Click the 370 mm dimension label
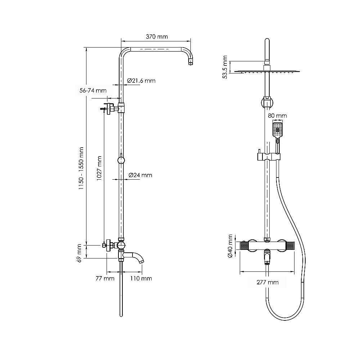(157, 36)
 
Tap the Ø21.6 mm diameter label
(141, 81)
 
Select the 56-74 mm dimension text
(93, 90)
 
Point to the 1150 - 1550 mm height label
(81, 168)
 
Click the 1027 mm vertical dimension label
(99, 168)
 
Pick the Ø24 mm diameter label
(140, 175)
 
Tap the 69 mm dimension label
(79, 253)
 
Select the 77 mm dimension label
(105, 279)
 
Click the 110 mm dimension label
(141, 279)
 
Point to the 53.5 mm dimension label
(225, 67)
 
